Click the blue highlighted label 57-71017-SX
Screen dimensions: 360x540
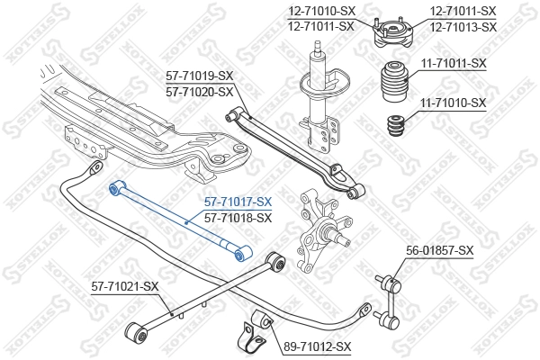[238, 202]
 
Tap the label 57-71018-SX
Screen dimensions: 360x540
[238, 218]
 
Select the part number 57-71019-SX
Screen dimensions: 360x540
[199, 76]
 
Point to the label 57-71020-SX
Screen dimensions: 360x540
[199, 92]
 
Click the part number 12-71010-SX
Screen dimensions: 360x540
[321, 11]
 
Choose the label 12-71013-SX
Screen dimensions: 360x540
[463, 26]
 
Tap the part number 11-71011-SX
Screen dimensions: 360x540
[453, 63]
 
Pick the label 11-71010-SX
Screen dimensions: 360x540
[453, 103]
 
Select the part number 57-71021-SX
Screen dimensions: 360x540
[125, 286]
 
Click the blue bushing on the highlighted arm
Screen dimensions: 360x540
[115, 188]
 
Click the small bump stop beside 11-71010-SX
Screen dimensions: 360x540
[392, 128]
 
